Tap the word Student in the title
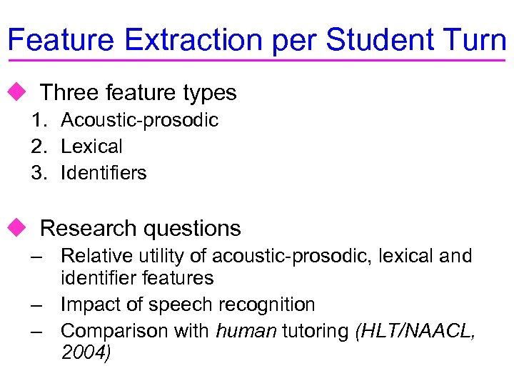[x=385, y=40]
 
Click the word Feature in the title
[x=61, y=40]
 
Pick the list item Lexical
[x=91, y=147]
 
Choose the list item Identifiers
[x=104, y=173]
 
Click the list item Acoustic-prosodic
[x=139, y=120]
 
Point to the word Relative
[x=92, y=256]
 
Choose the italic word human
[x=236, y=331]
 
